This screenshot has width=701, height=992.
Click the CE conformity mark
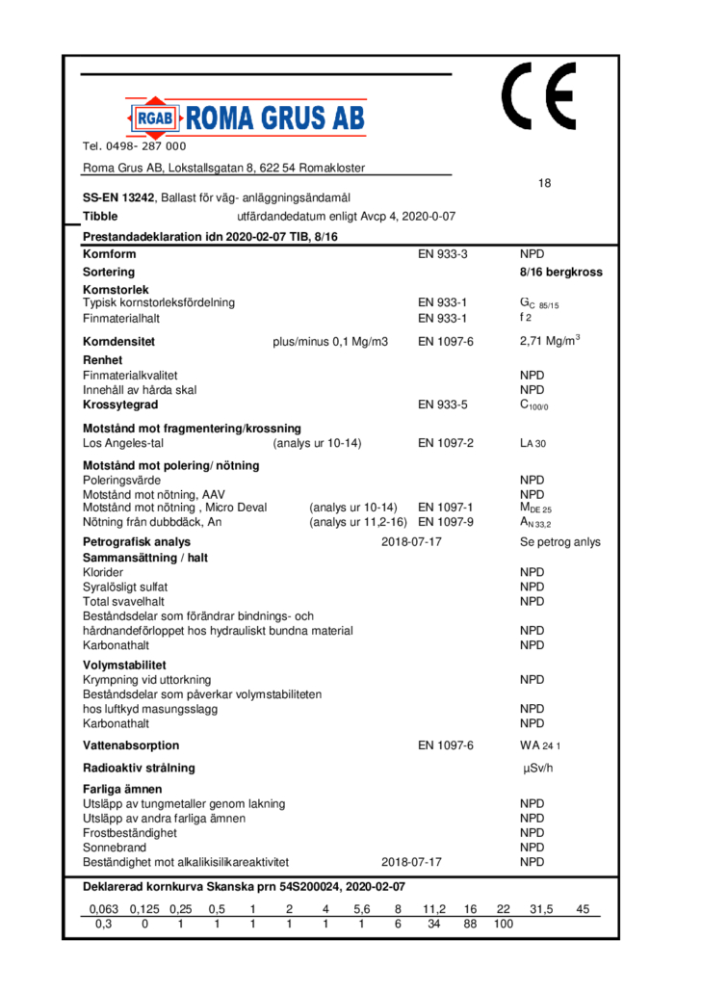(x=537, y=98)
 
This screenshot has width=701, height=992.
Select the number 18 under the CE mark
(x=545, y=184)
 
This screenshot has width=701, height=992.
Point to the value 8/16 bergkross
(x=560, y=273)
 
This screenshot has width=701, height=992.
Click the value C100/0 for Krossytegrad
(x=535, y=405)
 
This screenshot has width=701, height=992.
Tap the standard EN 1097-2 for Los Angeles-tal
(x=446, y=444)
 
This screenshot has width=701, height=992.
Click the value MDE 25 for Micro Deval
(x=535, y=508)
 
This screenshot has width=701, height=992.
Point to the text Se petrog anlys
(x=559, y=542)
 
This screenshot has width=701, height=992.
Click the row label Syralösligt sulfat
(x=126, y=586)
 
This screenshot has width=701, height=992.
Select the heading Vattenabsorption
(x=131, y=745)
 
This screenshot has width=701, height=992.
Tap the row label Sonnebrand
(x=115, y=848)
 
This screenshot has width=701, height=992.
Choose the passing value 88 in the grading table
(x=470, y=925)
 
